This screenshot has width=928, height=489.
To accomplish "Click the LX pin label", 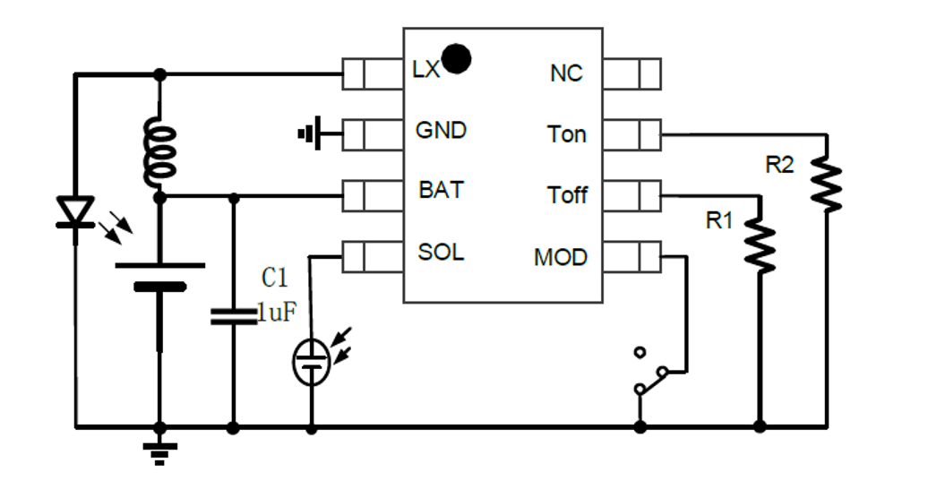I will click(426, 70).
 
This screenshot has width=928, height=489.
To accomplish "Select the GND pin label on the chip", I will click(441, 131).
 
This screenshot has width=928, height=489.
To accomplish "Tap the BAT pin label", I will click(442, 191).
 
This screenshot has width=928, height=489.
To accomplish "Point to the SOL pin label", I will click(441, 253).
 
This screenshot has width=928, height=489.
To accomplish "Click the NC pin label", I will click(566, 73).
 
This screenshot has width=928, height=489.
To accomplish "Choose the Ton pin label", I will click(567, 134).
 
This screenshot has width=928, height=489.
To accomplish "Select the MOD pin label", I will click(561, 258).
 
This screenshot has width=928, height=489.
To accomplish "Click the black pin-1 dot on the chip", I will click(457, 58).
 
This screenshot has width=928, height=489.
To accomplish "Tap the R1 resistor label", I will click(719, 220).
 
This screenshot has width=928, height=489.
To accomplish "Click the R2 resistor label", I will click(779, 165).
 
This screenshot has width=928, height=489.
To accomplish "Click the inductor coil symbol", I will click(160, 151).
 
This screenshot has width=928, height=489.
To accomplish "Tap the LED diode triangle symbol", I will click(75, 212).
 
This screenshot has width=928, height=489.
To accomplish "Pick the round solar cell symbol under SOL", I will click(311, 363).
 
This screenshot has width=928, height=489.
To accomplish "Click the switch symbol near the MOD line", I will click(649, 371).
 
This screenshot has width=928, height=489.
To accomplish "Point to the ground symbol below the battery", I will click(160, 451).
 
